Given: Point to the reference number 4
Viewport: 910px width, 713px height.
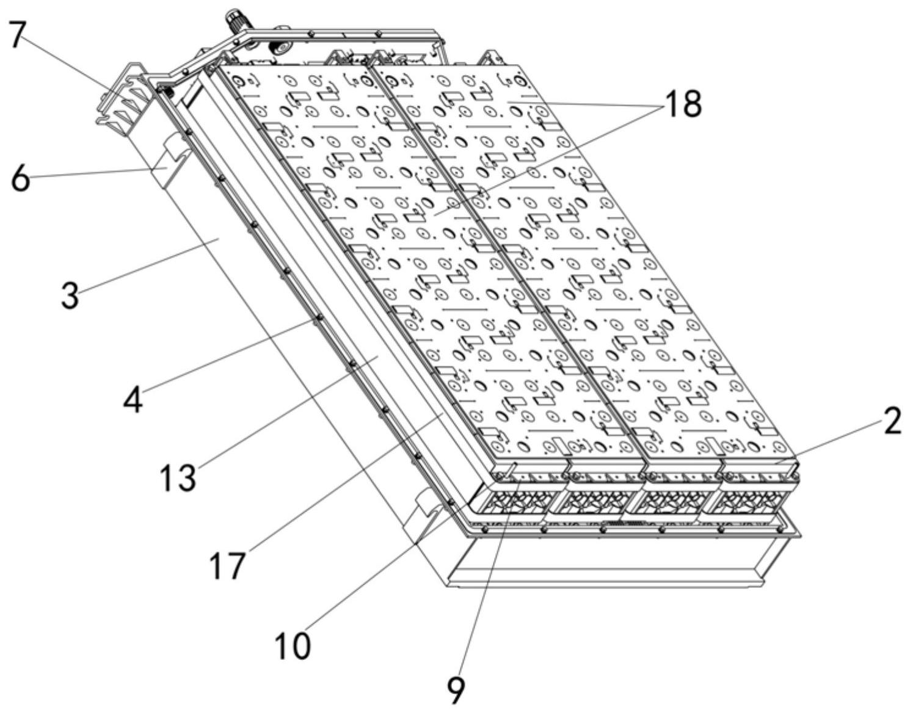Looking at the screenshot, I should pyautogui.click(x=133, y=400).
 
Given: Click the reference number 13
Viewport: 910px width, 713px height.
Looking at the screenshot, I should pyautogui.click(x=178, y=477).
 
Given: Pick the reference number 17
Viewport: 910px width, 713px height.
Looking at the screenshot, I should pyautogui.click(x=227, y=565).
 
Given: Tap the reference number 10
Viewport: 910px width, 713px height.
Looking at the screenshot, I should pyautogui.click(x=292, y=645).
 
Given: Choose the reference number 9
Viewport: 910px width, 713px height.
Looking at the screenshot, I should pyautogui.click(x=455, y=690).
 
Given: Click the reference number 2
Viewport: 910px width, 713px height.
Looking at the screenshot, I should pyautogui.click(x=892, y=421).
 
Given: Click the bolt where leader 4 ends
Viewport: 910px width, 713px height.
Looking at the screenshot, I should pyautogui.click(x=317, y=318).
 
